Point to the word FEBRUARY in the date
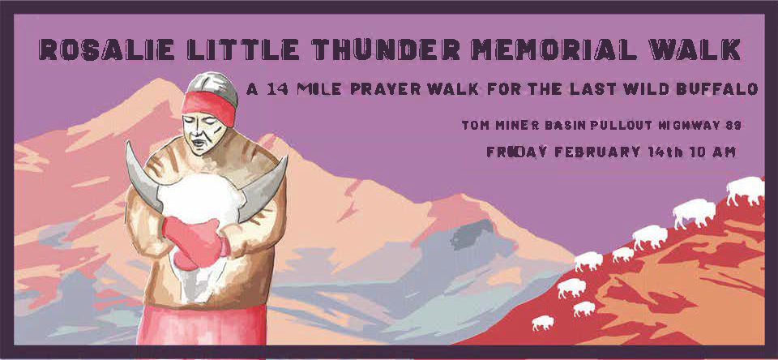[x=592, y=152]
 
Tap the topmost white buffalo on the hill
[x=745, y=190]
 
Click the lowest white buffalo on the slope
[x=542, y=323]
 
